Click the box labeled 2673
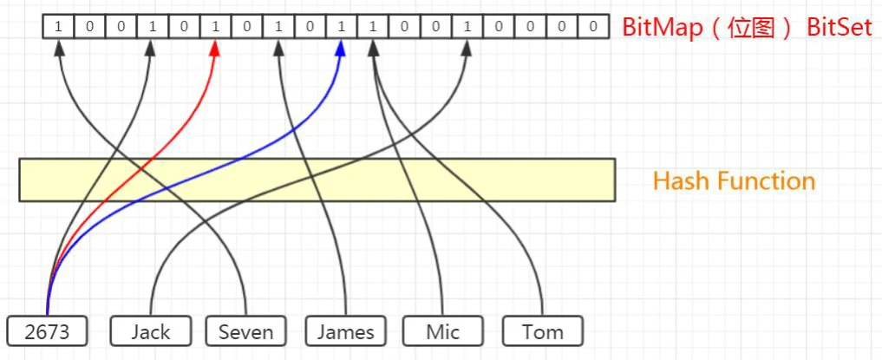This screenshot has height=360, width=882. [x=47, y=331]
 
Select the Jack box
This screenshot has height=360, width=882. [x=152, y=331]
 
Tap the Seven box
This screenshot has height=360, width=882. [x=245, y=331]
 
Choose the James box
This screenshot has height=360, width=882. [x=345, y=331]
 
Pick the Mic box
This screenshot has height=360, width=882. [x=442, y=331]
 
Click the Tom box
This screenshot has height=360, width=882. [x=542, y=331]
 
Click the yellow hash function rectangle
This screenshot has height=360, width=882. [x=317, y=180]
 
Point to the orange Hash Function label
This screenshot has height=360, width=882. [x=734, y=181]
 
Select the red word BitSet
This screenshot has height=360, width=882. [x=840, y=26]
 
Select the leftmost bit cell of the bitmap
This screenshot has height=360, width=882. [x=58, y=26]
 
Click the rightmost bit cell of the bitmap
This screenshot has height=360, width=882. [x=592, y=26]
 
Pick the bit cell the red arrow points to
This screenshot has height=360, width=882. [x=215, y=26]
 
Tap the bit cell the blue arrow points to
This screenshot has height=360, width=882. [x=341, y=26]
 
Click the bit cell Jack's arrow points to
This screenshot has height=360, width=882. [x=467, y=26]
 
